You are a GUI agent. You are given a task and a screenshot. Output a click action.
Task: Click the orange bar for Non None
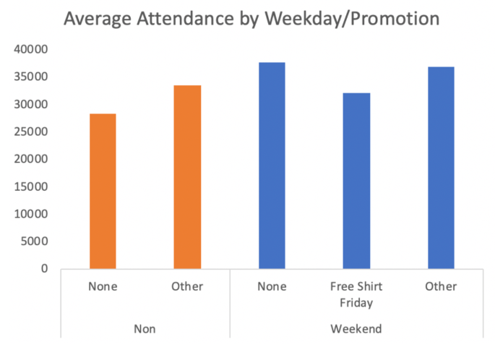103,191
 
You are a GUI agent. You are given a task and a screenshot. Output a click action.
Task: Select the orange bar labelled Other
187,177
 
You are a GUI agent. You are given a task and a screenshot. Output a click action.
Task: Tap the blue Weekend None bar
272,166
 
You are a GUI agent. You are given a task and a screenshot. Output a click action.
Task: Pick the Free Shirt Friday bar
356,181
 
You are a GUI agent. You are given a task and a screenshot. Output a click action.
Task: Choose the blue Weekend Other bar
441,168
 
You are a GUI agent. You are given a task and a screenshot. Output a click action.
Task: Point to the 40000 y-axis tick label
30,49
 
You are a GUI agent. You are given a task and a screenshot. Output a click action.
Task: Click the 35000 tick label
30,77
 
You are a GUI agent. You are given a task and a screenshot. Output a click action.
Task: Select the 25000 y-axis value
30,132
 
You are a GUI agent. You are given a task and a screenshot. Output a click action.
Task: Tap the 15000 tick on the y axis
30,187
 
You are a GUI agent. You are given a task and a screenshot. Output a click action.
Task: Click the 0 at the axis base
44,269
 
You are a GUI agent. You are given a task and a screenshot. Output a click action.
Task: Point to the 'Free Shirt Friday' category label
356,293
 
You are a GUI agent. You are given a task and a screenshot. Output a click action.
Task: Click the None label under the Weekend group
272,286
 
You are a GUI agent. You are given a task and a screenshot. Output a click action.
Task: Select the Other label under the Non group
187,286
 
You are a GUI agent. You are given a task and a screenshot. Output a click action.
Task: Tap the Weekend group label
356,329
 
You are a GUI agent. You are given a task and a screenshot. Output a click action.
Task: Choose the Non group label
145,329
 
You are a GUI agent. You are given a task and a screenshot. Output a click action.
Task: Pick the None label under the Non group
103,286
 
